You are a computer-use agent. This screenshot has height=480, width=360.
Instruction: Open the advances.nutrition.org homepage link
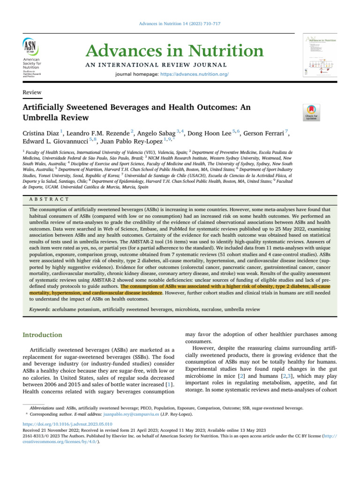(x=195, y=75)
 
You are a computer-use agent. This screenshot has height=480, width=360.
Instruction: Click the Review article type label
(x=32, y=93)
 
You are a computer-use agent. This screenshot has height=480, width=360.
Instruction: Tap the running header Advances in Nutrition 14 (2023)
(x=180, y=24)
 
